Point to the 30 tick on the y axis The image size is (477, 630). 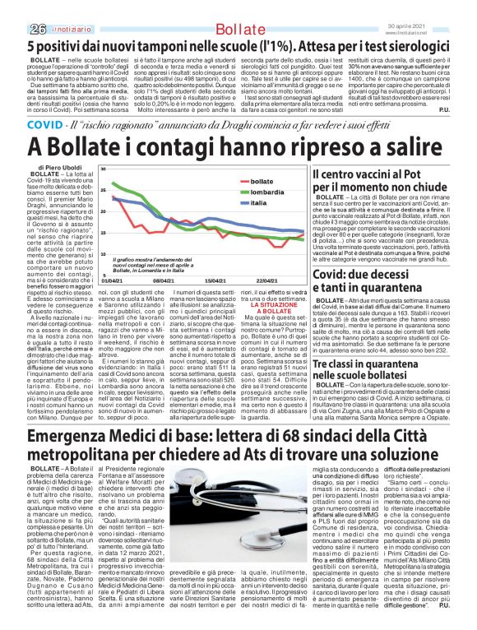[x=104, y=169]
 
